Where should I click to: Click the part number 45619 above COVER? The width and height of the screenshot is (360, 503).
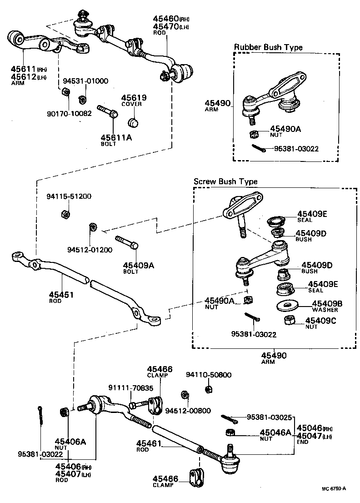coord(131,97)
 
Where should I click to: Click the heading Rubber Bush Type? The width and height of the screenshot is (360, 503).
coord(268,47)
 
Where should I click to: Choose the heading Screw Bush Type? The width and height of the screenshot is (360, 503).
coord(225,181)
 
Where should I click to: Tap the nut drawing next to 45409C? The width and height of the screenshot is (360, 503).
coord(290,321)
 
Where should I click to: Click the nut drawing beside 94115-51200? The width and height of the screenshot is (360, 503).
coord(65,214)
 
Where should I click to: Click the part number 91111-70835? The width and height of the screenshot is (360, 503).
coord(130,387)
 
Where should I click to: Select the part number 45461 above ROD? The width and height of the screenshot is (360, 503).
coord(147,443)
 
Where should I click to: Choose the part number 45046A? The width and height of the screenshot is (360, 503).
coord(275,433)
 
